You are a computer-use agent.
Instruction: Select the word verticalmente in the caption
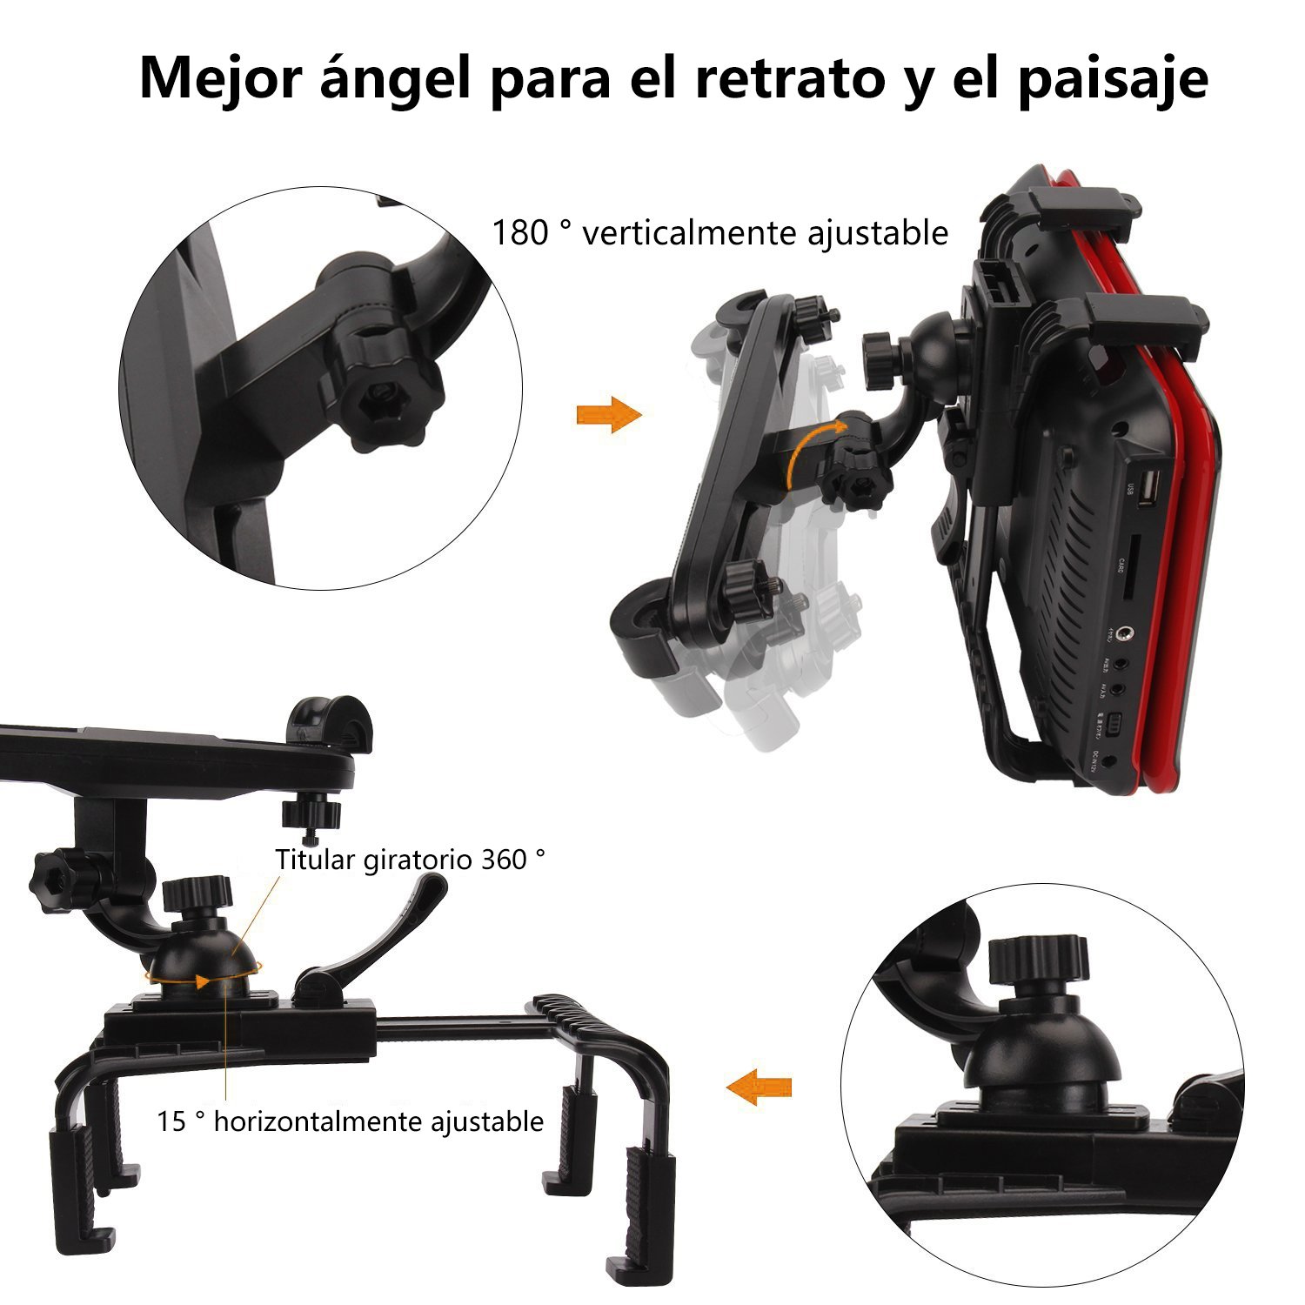687,233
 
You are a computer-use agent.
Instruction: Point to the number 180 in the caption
520,233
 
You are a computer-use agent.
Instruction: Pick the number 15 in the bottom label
171,1121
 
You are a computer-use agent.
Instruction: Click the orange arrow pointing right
608,415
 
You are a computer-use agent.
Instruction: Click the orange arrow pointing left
759,1087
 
